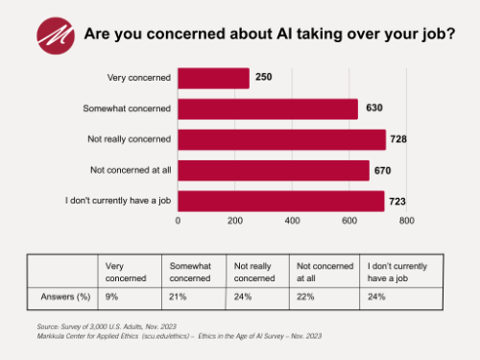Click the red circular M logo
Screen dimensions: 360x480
coord(56,35)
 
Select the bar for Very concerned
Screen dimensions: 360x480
coord(213,79)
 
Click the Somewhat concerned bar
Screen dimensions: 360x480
coord(268,109)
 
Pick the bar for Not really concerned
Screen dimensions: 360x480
coord(281,140)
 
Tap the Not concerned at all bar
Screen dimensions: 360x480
coord(274,171)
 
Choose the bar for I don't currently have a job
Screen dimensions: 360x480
coord(281,202)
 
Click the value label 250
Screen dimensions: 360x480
coord(264,79)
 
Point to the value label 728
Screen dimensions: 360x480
coord(400,140)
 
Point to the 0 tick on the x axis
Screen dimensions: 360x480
coord(178,221)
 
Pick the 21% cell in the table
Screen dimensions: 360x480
coord(177,297)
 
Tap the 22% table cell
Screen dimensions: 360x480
coord(304,297)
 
